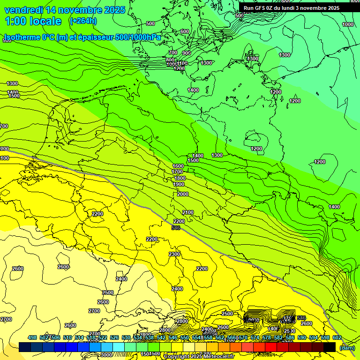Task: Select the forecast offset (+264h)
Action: (x=83, y=21)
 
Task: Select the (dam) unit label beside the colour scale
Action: (x=347, y=348)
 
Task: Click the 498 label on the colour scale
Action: (x=32, y=337)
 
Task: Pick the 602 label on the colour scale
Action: (x=337, y=337)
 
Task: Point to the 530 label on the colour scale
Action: (x=126, y=337)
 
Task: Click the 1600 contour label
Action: (x=178, y=166)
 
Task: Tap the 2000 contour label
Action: (x=183, y=194)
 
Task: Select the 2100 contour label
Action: (x=188, y=213)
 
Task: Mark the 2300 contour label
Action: (x=174, y=254)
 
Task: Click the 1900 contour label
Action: (x=179, y=185)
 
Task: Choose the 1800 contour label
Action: (x=180, y=179)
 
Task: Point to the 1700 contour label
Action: (x=177, y=172)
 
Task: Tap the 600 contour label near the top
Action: (x=184, y=32)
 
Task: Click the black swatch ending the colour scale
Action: (x=330, y=347)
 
